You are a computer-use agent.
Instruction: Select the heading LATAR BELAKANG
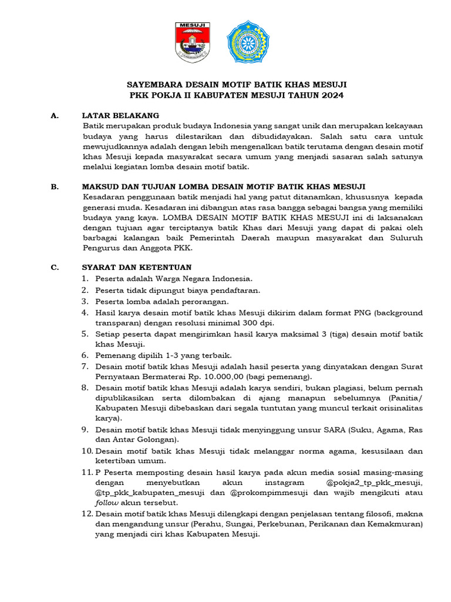tap(120, 115)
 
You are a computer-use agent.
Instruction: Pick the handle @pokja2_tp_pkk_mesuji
tap(372, 483)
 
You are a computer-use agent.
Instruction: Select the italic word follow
tap(106, 504)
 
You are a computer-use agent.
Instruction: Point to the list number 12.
tap(86, 514)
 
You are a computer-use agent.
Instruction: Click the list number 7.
tap(85, 366)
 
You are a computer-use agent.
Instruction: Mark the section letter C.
tap(54, 267)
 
